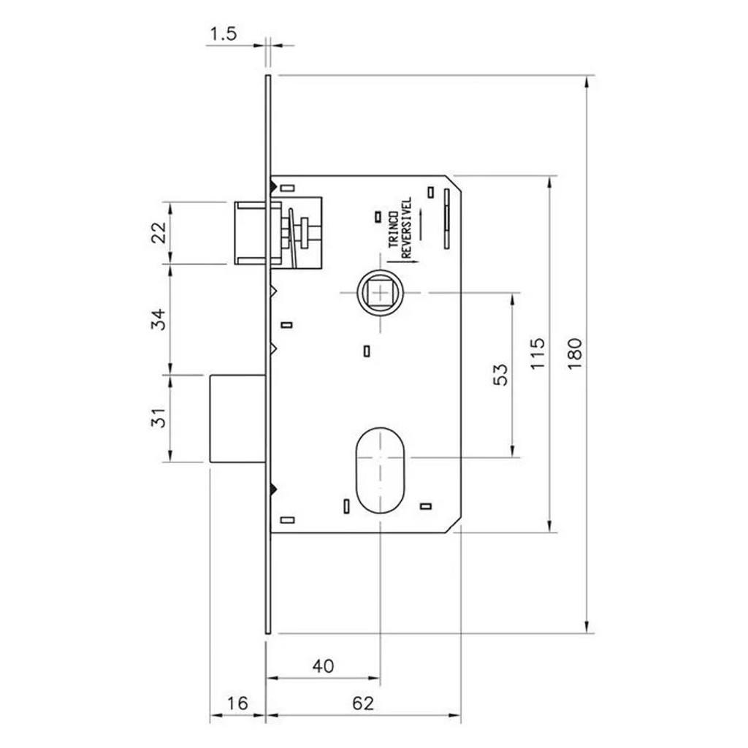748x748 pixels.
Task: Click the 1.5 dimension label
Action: [224, 34]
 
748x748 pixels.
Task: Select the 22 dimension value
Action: [161, 233]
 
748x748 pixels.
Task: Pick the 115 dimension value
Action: [538, 353]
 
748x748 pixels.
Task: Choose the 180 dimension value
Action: [575, 353]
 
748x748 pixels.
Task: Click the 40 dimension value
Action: [323, 665]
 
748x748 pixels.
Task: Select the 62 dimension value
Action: [363, 703]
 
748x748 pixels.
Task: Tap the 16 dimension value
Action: [237, 703]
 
